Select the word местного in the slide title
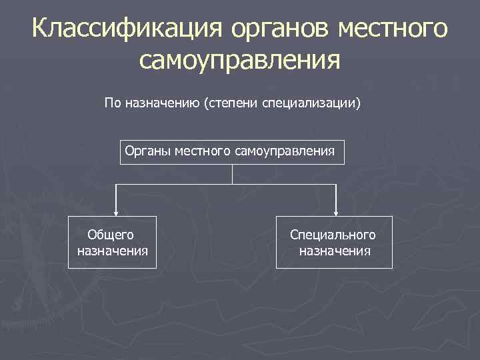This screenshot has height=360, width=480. click(393, 30)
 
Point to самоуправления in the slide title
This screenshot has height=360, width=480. click(240, 61)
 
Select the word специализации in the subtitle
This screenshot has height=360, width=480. click(313, 103)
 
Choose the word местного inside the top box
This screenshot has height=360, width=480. click(202, 151)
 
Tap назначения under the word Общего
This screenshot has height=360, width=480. click(113, 251)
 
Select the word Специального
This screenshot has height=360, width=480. click(333, 235)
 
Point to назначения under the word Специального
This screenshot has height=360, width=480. click(335, 251)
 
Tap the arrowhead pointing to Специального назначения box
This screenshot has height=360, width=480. click(336, 212)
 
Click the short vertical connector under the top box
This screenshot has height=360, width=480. click(232, 173)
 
